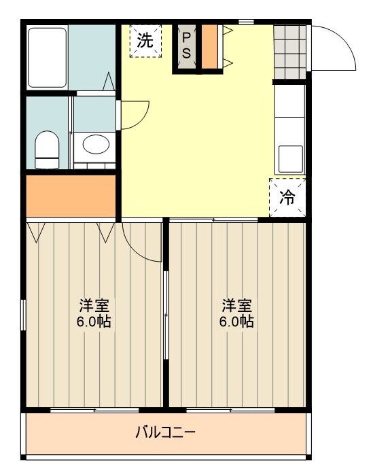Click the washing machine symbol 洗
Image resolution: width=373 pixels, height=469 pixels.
[x=145, y=40]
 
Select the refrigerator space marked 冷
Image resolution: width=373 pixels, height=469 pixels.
[x=288, y=197]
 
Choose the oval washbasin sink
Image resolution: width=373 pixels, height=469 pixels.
[x=94, y=144]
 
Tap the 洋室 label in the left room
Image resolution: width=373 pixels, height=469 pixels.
[x=94, y=304]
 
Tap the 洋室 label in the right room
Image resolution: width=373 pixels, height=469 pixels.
[x=236, y=304]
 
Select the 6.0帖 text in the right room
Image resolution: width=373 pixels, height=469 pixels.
[x=236, y=322]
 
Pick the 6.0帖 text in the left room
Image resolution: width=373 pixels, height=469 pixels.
[x=94, y=322]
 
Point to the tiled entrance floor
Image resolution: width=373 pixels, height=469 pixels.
[x=289, y=50]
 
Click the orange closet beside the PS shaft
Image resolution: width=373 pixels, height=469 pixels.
[x=210, y=47]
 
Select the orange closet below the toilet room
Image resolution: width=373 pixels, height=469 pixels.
[x=71, y=196]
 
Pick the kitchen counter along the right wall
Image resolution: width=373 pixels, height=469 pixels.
[x=289, y=129]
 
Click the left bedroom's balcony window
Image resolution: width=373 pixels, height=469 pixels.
[x=94, y=411]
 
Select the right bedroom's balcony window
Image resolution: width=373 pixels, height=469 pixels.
[x=230, y=411]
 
